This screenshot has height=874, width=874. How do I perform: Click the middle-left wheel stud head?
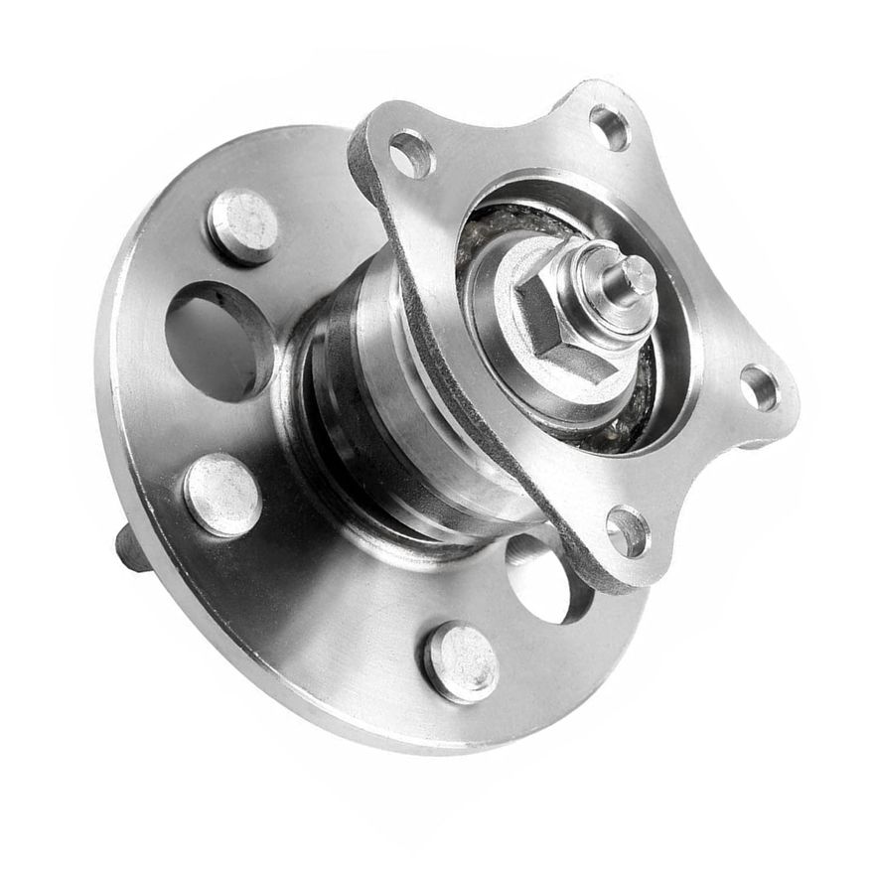tap(221, 494)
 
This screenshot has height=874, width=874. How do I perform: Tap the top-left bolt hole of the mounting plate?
tap(410, 154)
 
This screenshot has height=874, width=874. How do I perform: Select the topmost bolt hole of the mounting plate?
tap(609, 126)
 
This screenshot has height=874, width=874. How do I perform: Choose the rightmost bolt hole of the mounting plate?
tap(759, 386)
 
